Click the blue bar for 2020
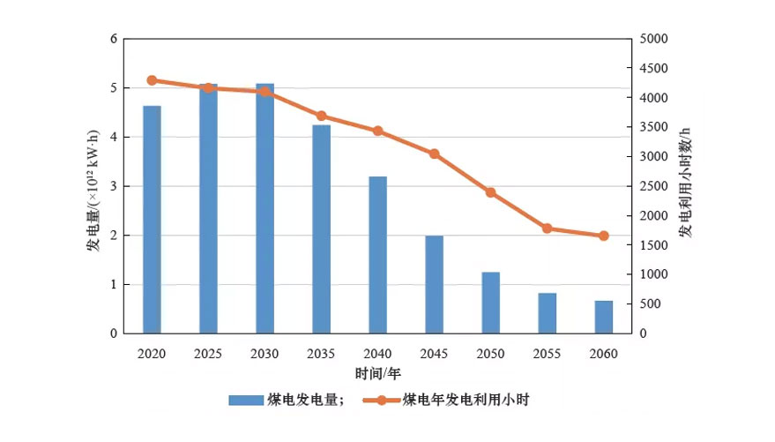tap(152, 220)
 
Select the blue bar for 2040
tap(377, 255)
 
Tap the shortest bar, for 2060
tap(603, 317)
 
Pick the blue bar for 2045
tap(434, 284)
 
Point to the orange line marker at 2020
tap(152, 80)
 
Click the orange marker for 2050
tap(490, 192)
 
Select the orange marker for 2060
tap(604, 236)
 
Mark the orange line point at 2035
tap(321, 116)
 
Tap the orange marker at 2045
tap(434, 154)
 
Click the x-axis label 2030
tap(265, 354)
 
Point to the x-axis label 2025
tap(208, 354)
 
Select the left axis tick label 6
tap(113, 39)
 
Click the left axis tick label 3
tap(113, 186)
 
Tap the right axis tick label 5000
tap(656, 39)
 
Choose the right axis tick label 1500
tap(656, 245)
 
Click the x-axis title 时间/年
tap(377, 373)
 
